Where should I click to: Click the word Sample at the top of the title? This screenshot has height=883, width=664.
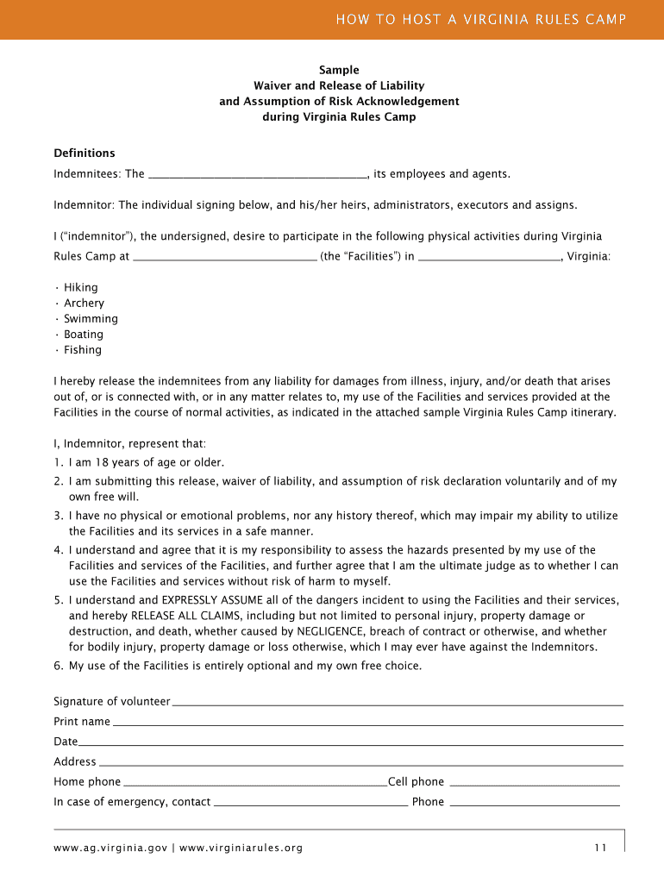[x=339, y=70]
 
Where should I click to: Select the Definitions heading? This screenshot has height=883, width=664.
[x=85, y=153]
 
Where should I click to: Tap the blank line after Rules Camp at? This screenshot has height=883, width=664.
[x=226, y=257]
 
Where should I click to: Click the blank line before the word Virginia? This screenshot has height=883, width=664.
[x=489, y=257]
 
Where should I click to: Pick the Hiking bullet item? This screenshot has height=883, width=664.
[x=80, y=287]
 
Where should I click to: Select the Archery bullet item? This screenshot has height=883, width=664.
[x=84, y=303]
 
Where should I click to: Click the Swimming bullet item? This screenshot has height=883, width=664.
[x=91, y=318]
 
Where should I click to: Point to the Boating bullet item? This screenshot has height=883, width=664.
[x=83, y=334]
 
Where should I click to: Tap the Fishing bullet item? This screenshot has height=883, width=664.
[x=82, y=349]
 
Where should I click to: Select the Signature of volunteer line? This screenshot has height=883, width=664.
[x=398, y=703]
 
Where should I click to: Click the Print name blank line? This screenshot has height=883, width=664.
[x=367, y=723]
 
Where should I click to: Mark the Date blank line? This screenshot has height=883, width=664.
[x=351, y=743]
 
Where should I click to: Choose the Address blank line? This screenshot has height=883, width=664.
[x=360, y=763]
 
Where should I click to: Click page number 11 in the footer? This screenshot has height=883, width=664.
[x=600, y=848]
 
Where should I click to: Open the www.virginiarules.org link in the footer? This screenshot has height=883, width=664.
[x=241, y=848]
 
